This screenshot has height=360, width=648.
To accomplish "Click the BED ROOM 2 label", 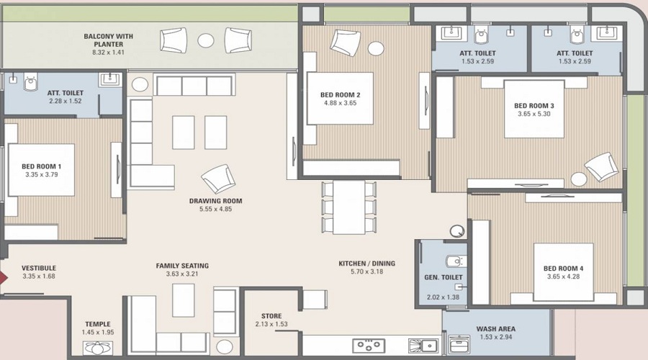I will (340, 94).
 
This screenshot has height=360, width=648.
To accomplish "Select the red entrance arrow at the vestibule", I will (4, 275).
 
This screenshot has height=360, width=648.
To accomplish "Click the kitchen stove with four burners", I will (368, 346).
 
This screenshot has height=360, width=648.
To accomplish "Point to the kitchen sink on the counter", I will (422, 346).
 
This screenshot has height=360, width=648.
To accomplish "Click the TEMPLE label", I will (98, 324).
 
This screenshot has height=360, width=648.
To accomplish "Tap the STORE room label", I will (271, 315).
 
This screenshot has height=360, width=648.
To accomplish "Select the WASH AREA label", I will (495, 330).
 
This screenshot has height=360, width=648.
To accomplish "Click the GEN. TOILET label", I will (442, 277).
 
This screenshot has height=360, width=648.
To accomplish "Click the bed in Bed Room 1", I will (41, 170).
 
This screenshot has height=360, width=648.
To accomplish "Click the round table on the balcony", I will (206, 41).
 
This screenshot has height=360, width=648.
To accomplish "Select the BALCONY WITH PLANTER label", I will (108, 40).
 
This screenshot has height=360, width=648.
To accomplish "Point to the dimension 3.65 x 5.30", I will (534, 114).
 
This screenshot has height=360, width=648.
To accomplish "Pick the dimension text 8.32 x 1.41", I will (108, 53).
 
